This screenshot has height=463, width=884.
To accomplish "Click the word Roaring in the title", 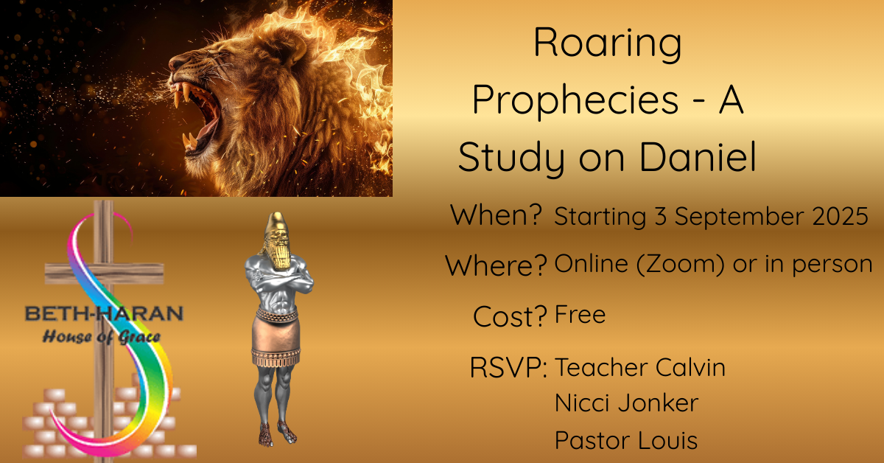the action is pos(607,45).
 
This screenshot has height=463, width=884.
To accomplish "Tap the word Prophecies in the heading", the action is pos(575,101).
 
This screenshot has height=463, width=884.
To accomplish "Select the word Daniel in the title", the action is pos(698,156).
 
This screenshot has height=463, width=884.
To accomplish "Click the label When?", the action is pos(496,215).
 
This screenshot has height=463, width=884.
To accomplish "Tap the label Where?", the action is pos(496,265).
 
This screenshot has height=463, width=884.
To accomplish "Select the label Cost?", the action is pos(510,316).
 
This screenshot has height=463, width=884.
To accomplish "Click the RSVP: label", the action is pos(508,367).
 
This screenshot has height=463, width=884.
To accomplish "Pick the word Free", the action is pos(580,315).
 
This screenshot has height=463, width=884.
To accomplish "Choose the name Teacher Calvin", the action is pos(640,367).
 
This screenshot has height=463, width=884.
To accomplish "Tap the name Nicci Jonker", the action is pos(627,403).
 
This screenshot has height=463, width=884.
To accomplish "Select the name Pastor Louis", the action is pos(626,440).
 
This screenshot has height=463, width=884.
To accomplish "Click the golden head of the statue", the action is pos(278,241).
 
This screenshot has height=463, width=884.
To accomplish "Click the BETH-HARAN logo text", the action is pos(104,313).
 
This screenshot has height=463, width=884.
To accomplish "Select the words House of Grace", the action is pos(102,337).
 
